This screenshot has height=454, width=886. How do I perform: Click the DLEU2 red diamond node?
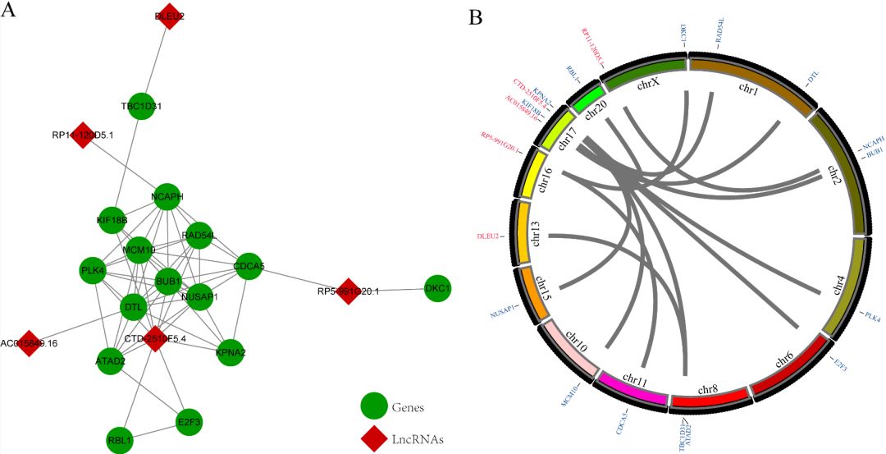[x=168, y=16]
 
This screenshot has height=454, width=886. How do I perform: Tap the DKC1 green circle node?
[x=439, y=288]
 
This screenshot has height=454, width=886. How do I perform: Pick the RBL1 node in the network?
[x=120, y=440]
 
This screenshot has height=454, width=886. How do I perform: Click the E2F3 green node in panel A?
[x=190, y=422]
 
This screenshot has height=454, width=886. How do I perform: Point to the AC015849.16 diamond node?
[x=29, y=343]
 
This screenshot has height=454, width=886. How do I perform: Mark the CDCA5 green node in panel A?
[x=248, y=266]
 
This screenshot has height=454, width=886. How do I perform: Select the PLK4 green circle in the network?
[x=93, y=270]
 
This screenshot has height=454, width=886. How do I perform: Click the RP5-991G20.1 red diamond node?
[x=349, y=291]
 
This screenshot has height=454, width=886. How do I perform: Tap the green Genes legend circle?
[x=374, y=406]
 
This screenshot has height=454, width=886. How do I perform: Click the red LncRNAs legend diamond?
[x=374, y=438]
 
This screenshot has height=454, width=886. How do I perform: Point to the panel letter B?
[x=475, y=17]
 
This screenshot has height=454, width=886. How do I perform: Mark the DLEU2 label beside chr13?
[x=489, y=236]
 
